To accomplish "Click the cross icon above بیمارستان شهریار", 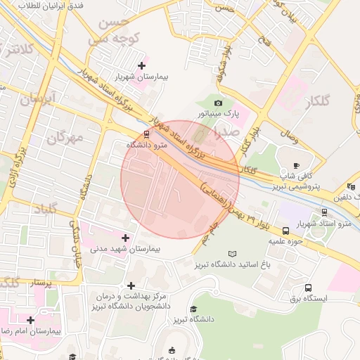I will coord(141,65).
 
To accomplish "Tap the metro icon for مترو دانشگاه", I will coord(146,133).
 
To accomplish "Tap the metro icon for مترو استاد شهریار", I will coord(323,212).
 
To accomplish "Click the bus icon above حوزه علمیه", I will coord(285,230).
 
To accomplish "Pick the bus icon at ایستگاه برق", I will coord(308,288).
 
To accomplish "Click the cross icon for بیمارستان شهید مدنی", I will coord(126,238).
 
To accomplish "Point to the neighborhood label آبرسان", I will coord(37,99).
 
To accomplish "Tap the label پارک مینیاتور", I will coord(218,113).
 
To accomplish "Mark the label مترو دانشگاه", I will coord(146,144).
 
